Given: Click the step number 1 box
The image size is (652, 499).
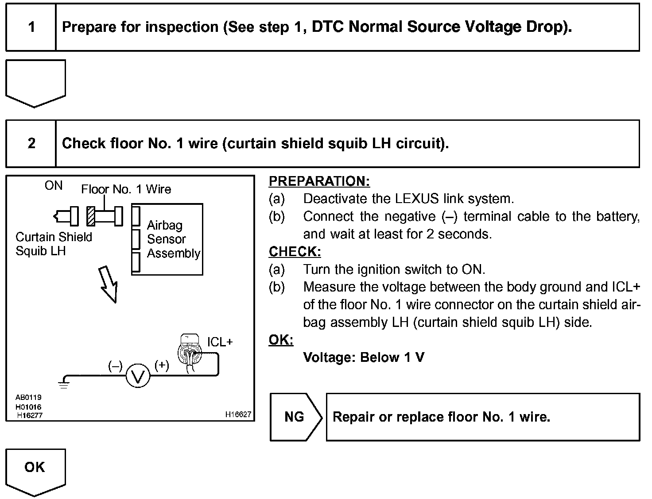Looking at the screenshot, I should point(31,27).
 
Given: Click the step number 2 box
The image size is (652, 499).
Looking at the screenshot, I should point(31,143).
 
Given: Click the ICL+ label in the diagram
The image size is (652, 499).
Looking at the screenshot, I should point(220,342).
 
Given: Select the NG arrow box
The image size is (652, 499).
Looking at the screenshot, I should point(295,417).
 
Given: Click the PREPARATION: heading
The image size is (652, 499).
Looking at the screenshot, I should point(319,181).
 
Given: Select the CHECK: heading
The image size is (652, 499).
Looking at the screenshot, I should point(295,252).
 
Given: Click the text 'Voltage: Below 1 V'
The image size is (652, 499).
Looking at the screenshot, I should point(364,357).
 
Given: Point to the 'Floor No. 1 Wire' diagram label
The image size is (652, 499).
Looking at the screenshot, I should point(126,189).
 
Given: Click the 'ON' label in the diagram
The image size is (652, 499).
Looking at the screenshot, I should point(54,186).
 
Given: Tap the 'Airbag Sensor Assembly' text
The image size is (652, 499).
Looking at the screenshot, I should point(173,239).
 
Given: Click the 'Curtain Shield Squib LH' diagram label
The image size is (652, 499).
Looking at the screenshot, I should point(54,244).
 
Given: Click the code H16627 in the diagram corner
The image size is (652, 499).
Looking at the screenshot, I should point(238,415).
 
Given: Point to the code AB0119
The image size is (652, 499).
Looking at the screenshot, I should point(28,397).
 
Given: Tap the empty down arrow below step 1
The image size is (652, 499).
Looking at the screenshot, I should point(35,82).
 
